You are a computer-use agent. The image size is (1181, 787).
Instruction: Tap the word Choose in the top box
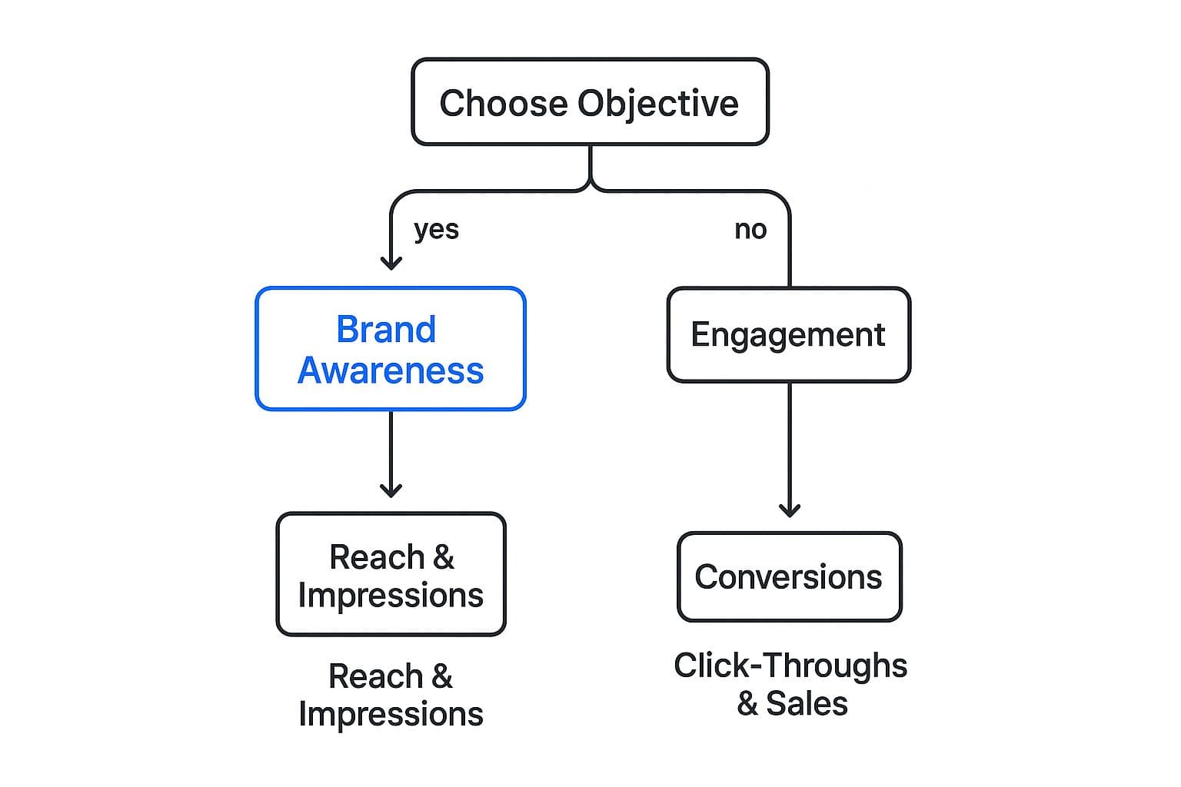pos(504,103)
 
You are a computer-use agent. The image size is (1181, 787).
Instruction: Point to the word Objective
pos(658,103)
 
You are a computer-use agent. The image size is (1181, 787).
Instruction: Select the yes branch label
pos(436,229)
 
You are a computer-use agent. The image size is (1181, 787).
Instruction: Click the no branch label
pos(750,229)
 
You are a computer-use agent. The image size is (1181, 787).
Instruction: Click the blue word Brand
pos(386,330)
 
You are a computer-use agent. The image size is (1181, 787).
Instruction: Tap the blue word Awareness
pos(391,370)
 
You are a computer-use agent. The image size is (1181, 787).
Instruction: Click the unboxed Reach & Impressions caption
pos(391,695)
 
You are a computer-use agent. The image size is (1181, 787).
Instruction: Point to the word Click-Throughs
pos(790,666)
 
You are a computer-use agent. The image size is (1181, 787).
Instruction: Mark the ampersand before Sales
pos(747,704)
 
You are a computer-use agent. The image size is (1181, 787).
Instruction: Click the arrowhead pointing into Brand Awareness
pos(391,263)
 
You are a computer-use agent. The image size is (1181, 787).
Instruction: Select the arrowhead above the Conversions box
pos(790,510)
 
